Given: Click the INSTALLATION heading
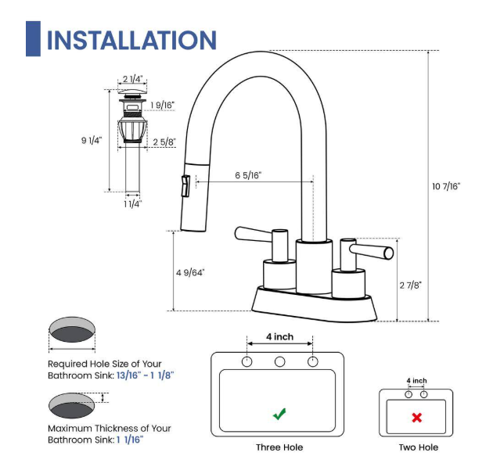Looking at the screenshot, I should coord(131,40).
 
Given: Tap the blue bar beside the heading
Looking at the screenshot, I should coord(33,39).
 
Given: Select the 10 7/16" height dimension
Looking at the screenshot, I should coord(446,186).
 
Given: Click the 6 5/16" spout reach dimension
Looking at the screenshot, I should coord(248,175).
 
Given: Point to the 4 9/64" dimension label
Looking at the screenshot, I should coord(189,272).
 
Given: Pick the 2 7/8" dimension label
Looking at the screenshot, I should coord(410,285).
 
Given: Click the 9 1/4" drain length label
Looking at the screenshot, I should coord(92,140).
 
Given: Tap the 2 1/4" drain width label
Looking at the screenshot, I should coord(133,79).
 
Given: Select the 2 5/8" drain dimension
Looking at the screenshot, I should coord(164,142).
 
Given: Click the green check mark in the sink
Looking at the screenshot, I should coord(279,414).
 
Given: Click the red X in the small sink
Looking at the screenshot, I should coord(416,418).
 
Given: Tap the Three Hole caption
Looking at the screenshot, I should coord(279,447).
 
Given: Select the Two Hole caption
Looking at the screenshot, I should coord(419,447).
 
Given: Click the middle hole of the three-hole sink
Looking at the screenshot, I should coord(279,361).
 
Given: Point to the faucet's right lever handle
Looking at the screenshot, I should coord(372,250).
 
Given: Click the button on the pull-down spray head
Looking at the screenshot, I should coord(185,187).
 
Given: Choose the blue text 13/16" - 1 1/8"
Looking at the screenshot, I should coord(145,375).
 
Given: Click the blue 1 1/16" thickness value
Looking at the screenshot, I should coord(130,439).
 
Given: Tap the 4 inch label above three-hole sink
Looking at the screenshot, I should coord(279,337).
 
